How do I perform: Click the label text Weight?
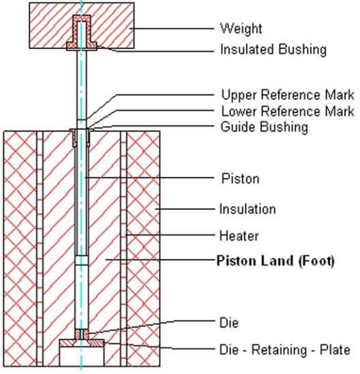pyautogui.click(x=241, y=29)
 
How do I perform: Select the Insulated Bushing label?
pyautogui.click(x=273, y=50)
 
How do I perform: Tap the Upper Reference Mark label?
pyautogui.click(x=288, y=95)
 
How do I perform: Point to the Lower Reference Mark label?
pyautogui.click(x=288, y=111)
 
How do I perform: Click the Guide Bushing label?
pyautogui.click(x=265, y=127)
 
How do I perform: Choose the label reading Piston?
pyautogui.click(x=240, y=178)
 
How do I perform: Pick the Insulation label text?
pyautogui.click(x=247, y=209)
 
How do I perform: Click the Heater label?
pyautogui.click(x=239, y=236)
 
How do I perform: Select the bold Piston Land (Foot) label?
pyautogui.click(x=275, y=261)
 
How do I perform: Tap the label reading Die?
pyautogui.click(x=228, y=323)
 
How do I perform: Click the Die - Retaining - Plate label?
pyautogui.click(x=285, y=349)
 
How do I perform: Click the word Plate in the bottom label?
pyautogui.click(x=335, y=349)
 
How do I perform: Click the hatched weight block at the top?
pyautogui.click(x=48, y=25)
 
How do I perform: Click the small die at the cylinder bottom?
pyautogui.click(x=82, y=334)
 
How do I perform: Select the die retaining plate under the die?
pyautogui.click(x=82, y=343)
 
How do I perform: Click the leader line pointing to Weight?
pyautogui.click(x=172, y=29)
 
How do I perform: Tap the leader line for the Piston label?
pyautogui.click(x=149, y=177)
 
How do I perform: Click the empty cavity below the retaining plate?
pyautogui.click(x=82, y=356)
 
